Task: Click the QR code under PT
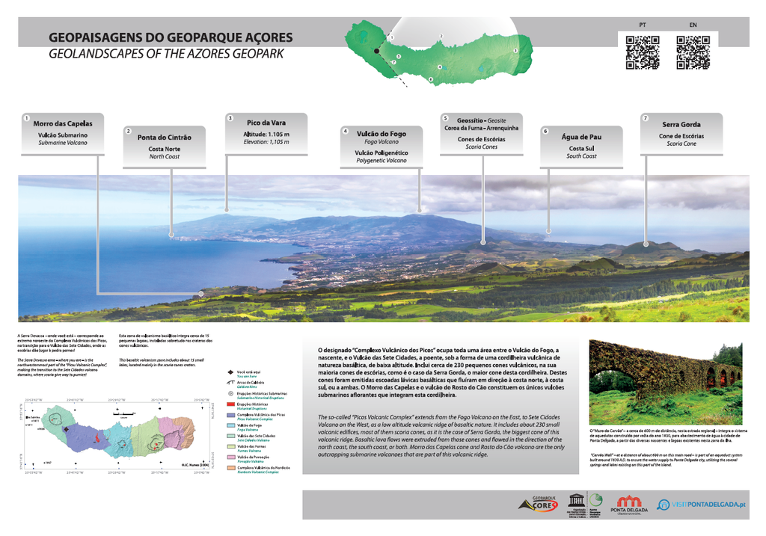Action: tap(642, 52)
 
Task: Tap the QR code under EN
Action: tap(693, 52)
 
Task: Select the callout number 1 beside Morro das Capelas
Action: tap(26, 118)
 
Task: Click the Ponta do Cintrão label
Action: tap(164, 138)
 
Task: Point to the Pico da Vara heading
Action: tap(266, 123)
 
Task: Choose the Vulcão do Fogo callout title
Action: tap(382, 133)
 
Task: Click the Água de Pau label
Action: tap(581, 137)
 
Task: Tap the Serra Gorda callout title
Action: tap(681, 125)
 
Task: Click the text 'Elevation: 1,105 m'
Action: tap(266, 142)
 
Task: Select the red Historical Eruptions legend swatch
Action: tap(230, 404)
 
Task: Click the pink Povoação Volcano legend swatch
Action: tap(230, 458)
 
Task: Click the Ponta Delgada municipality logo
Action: tap(629, 505)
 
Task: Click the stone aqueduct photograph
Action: tap(665, 382)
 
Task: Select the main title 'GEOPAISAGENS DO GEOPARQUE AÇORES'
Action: tap(171, 38)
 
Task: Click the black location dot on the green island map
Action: tap(377, 51)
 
